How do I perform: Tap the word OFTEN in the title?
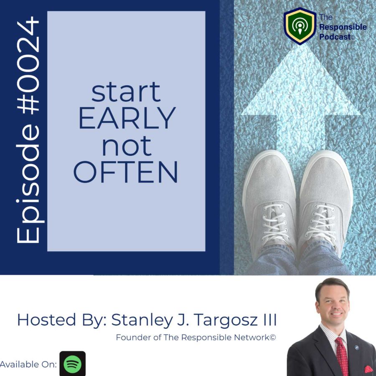click(126, 172)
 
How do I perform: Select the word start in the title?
click(126, 92)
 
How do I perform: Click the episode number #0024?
click(28, 65)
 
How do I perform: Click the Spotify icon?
click(72, 363)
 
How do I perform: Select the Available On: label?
click(28, 364)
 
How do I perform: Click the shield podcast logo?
click(300, 26)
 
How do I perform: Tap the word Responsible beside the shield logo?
click(343, 27)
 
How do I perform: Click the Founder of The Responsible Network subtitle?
click(196, 338)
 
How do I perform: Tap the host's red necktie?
click(342, 356)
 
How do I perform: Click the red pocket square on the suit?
click(368, 369)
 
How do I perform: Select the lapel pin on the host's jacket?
click(356, 348)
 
